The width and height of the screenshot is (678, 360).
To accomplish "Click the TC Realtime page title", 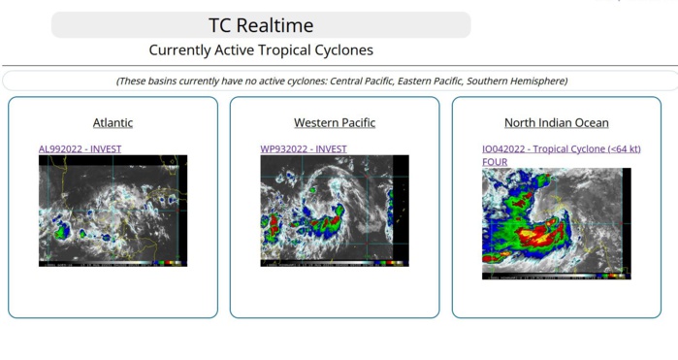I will (x=261, y=25).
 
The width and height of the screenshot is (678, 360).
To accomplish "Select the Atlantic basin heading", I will (x=113, y=122).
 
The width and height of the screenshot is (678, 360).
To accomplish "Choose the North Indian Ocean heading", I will (x=556, y=122).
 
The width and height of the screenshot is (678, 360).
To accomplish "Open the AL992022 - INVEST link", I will (x=80, y=148).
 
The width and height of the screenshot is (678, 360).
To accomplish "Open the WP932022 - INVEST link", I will (x=303, y=148).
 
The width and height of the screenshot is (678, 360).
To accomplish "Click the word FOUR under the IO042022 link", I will (x=495, y=161).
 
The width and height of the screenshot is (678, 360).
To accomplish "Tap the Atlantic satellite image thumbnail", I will (x=113, y=211).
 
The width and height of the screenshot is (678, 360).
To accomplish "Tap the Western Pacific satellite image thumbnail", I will (x=335, y=211).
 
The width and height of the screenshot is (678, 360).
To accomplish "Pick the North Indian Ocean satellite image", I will (x=556, y=223).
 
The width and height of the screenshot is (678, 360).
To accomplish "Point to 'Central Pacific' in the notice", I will (x=362, y=81).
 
